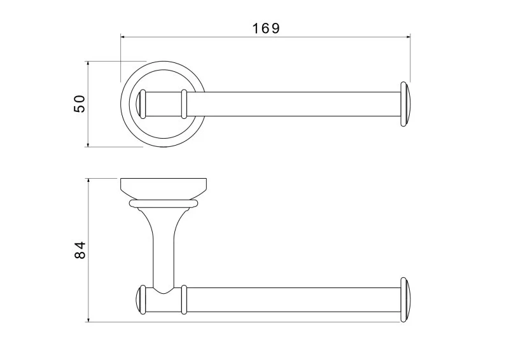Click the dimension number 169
pos(266,28)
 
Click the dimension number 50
pos(80,104)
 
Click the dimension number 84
pos(80,250)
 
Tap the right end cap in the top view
pos(405,104)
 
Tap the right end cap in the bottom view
pos(405,300)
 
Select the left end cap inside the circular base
pos(142,104)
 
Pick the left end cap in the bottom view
pos(141,300)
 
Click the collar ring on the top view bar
pos(184,104)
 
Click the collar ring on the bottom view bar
pos(184,300)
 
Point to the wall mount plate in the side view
pos(164,189)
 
